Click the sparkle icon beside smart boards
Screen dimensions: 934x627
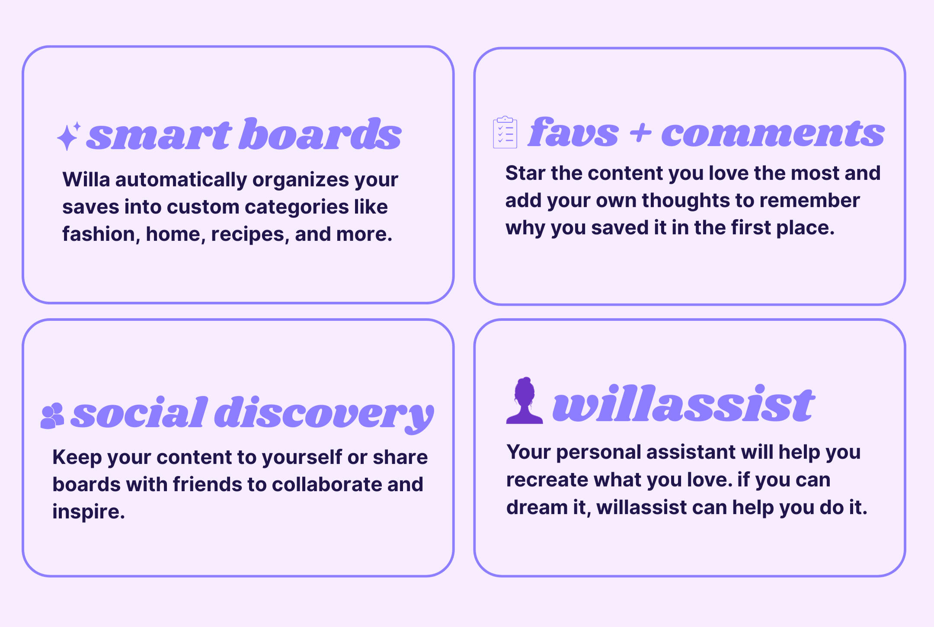(x=69, y=136)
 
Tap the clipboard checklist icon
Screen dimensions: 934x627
(x=505, y=132)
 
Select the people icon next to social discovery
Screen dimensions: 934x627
(x=52, y=416)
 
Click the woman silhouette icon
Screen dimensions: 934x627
(x=525, y=400)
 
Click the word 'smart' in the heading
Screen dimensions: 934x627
(x=160, y=135)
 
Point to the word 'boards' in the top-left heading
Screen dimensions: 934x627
(x=320, y=134)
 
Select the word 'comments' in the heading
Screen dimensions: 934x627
(x=773, y=134)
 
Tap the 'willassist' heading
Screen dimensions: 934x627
(x=684, y=403)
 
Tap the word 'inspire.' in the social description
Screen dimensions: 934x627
(x=89, y=512)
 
